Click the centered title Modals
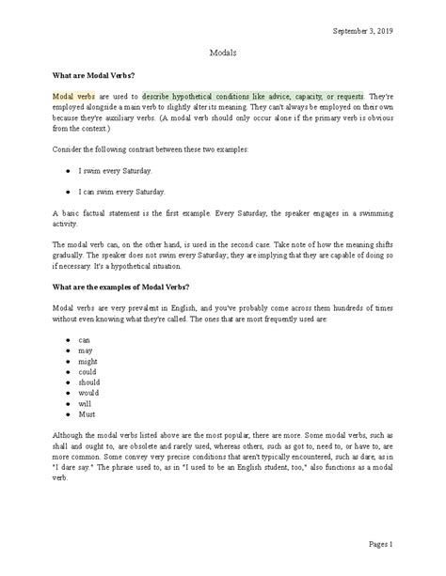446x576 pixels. (222, 54)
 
